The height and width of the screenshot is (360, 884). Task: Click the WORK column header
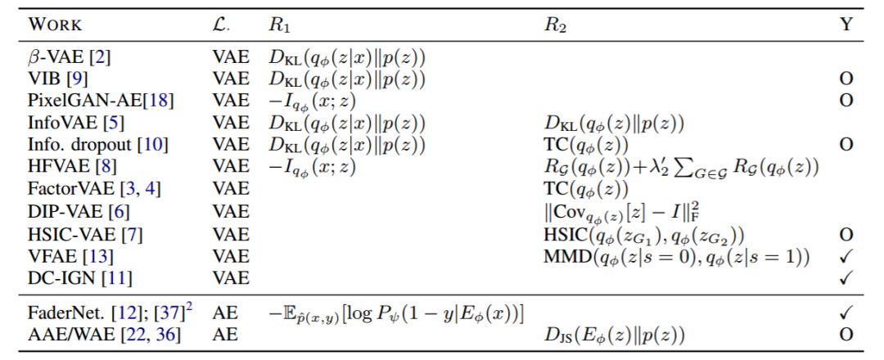pyautogui.click(x=56, y=25)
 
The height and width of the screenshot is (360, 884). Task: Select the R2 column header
pyautogui.click(x=554, y=25)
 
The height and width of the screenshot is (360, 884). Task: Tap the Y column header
pyautogui.click(x=846, y=25)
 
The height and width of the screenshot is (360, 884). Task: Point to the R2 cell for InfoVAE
pyautogui.click(x=614, y=124)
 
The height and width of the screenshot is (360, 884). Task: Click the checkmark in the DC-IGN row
pyautogui.click(x=847, y=278)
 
